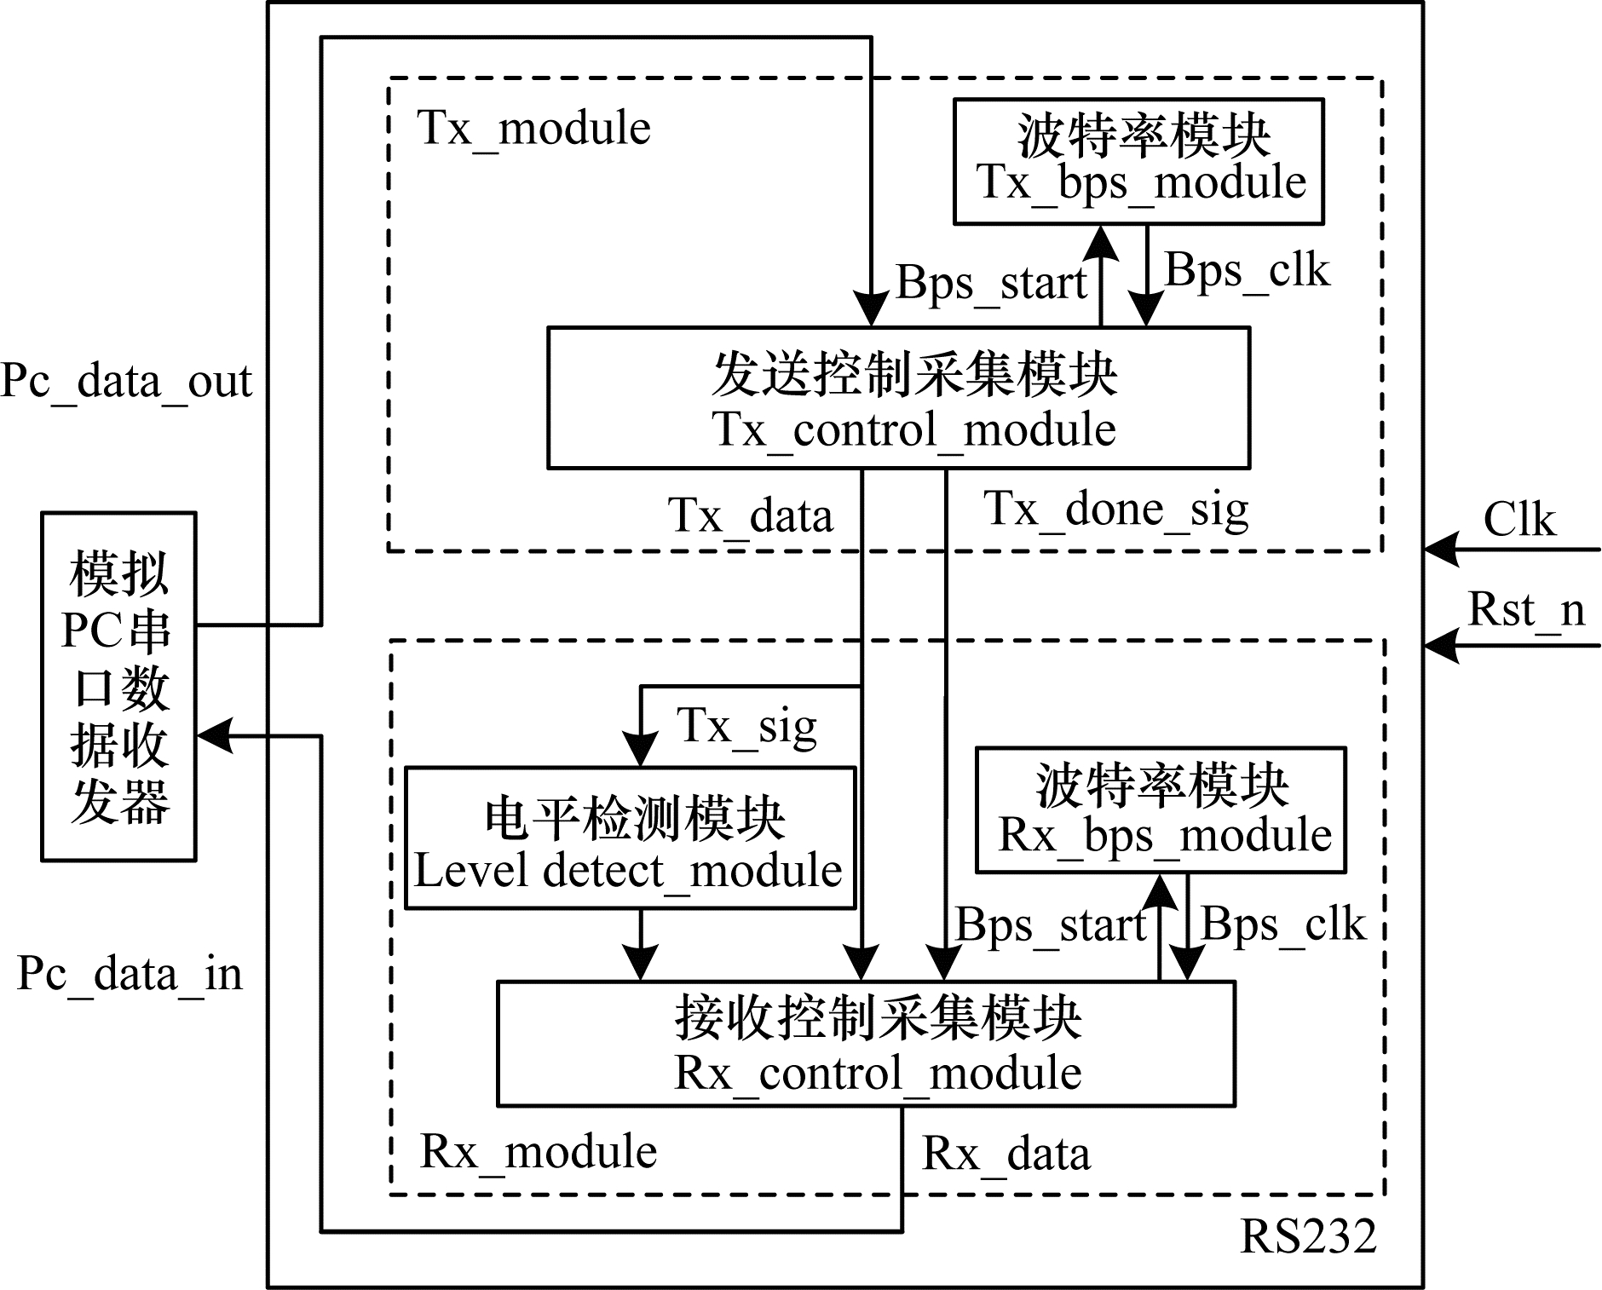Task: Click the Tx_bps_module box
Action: coord(1138,161)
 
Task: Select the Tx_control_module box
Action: coord(898,398)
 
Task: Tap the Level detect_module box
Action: coord(630,838)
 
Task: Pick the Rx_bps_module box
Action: coord(1161,810)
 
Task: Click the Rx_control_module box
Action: coord(866,1044)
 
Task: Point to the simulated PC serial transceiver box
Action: coord(119,687)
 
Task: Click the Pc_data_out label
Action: coord(126,381)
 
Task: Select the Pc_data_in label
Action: coord(130,973)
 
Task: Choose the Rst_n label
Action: coord(1525,610)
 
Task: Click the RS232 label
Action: coord(1308,1236)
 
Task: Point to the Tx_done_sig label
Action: coord(1116,510)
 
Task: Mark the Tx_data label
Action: coord(750,516)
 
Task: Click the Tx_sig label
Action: coord(746,727)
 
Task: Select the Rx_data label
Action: coord(1006,1155)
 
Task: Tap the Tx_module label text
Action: coord(534,130)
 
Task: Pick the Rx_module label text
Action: coord(539,1153)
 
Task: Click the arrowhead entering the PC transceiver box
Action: coord(215,736)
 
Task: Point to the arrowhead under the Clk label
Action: coord(1441,550)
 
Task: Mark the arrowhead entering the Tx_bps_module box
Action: coord(1101,242)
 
